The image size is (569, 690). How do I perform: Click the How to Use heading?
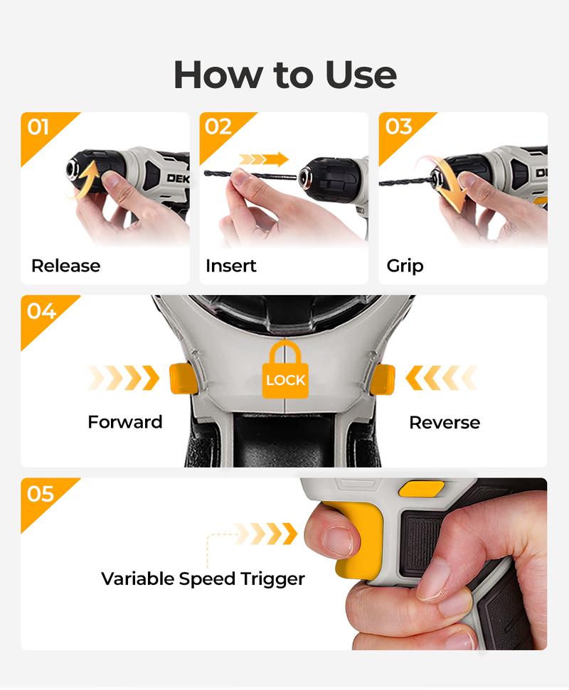coord(284,75)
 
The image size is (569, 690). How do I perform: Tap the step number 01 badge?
coord(38,127)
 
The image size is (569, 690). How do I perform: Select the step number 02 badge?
coord(218,127)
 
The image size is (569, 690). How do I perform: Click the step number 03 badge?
coord(398,127)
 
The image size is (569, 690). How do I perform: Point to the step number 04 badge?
coord(41,311)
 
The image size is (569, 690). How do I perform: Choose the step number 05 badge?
coord(41,493)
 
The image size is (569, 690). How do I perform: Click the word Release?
coord(65,266)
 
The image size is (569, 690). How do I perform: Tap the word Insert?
coord(230,266)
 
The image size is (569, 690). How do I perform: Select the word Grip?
coord(405,266)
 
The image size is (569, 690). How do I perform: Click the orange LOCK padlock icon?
coord(284,370)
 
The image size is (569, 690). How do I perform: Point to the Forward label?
coord(124,422)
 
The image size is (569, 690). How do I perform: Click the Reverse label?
coord(445,422)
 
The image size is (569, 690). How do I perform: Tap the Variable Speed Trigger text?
coord(203,578)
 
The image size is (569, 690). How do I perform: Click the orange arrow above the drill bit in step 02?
coord(265,159)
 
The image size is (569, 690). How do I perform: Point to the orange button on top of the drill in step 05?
coord(421,488)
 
